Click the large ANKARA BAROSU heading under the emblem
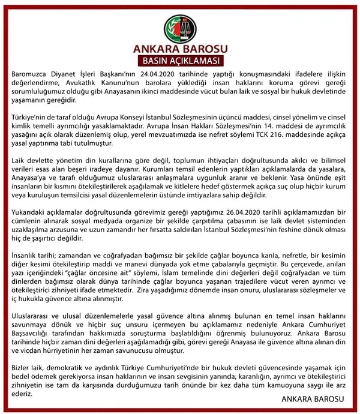point(179,48)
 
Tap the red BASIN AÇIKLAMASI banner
point(179,61)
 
